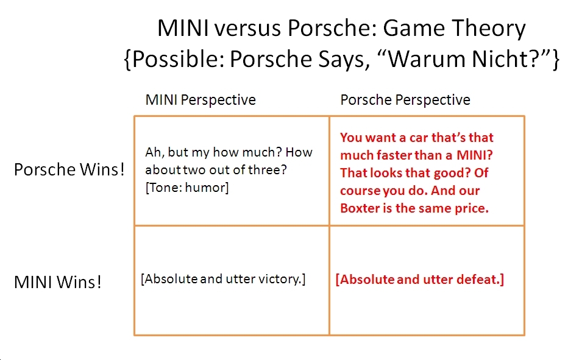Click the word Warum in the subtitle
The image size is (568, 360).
[x=419, y=59]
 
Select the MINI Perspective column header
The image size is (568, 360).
[x=201, y=100]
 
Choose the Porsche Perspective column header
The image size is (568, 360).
[x=405, y=100]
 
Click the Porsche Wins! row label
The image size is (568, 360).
[x=69, y=169]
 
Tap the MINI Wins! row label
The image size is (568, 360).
[x=58, y=282]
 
